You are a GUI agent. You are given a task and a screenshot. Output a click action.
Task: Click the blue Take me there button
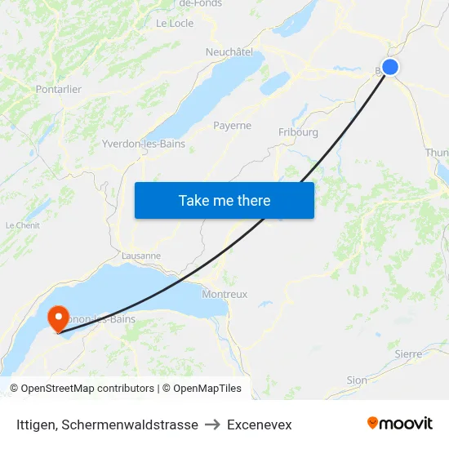click(x=224, y=200)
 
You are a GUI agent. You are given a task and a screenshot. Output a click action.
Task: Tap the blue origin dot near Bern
click(x=390, y=67)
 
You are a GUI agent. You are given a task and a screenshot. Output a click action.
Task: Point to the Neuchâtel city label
click(x=229, y=51)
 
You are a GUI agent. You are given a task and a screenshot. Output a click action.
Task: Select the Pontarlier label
click(x=59, y=89)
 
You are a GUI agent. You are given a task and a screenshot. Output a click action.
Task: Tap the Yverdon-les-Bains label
click(x=144, y=144)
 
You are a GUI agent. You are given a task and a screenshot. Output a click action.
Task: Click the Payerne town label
click(x=232, y=126)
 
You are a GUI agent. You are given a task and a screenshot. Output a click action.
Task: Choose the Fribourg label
click(x=298, y=131)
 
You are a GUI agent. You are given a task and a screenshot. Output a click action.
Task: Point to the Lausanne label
click(x=140, y=256)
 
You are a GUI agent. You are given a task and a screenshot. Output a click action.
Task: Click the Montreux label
click(x=224, y=294)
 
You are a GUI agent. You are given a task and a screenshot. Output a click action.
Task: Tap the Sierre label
click(x=408, y=354)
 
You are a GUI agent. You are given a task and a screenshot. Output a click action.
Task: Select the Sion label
click(x=357, y=380)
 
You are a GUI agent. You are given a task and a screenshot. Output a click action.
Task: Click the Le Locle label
click(x=175, y=24)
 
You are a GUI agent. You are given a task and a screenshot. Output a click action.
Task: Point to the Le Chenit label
click(x=23, y=225)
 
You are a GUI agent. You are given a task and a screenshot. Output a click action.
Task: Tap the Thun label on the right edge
click(x=437, y=153)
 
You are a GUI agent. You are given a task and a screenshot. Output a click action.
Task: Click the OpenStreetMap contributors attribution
click(x=87, y=389)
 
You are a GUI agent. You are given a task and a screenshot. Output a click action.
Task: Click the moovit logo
click(x=400, y=423)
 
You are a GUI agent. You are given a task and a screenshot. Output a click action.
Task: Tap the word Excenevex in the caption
click(x=260, y=425)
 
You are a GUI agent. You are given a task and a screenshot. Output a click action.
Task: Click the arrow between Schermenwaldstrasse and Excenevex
click(x=212, y=425)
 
